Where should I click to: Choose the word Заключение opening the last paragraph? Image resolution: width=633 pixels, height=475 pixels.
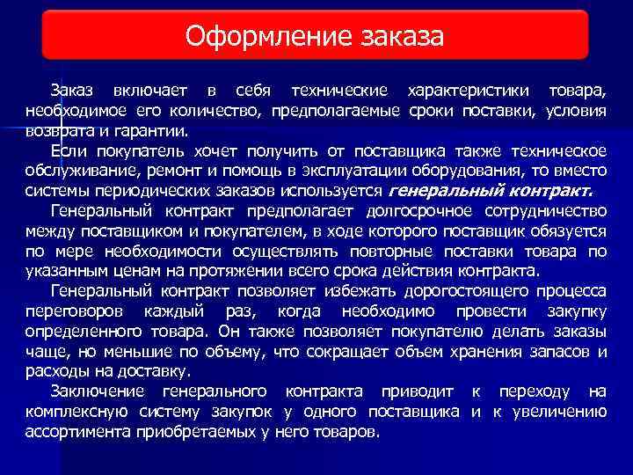[98, 391]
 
